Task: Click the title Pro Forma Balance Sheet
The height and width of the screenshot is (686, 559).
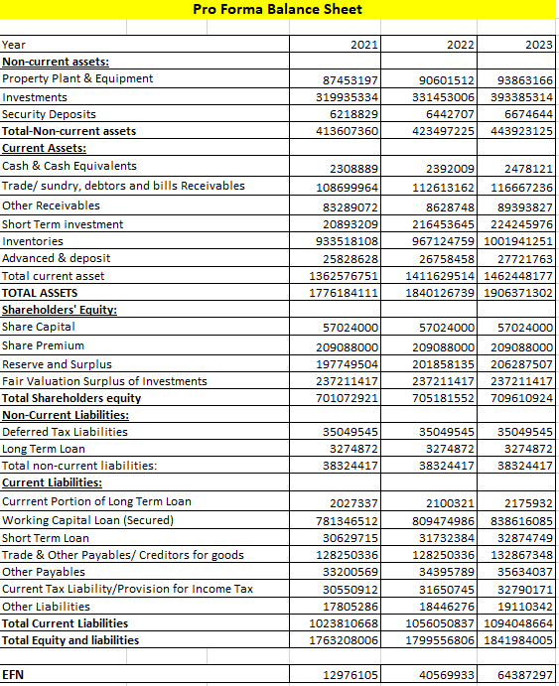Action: click(278, 10)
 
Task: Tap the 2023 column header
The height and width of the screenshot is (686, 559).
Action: click(538, 45)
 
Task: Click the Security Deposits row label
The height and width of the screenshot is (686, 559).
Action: click(49, 114)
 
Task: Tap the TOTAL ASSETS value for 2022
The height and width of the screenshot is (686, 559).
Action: click(441, 294)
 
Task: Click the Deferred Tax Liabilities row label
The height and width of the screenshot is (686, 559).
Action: click(65, 432)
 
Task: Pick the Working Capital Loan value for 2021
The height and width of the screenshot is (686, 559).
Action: click(347, 520)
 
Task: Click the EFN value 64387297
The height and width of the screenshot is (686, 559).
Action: click(526, 675)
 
